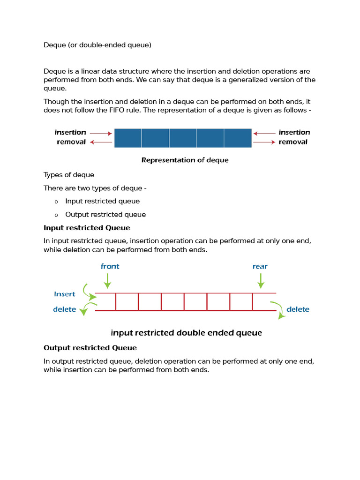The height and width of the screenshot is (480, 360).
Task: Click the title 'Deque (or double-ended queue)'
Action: [97, 45]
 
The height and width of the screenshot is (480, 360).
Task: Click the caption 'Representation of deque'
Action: [185, 160]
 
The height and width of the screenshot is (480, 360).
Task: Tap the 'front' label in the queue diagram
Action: [110, 266]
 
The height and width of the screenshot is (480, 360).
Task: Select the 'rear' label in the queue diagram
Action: [260, 266]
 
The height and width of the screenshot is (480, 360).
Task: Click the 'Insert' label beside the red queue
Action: [65, 294]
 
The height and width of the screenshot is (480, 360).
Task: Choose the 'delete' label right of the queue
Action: [298, 309]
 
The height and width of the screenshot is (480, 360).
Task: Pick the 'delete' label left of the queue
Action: [65, 309]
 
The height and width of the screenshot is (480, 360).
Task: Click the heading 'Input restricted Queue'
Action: [87, 228]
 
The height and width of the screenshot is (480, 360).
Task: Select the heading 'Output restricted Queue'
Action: [90, 348]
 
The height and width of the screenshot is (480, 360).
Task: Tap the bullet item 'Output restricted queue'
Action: [105, 215]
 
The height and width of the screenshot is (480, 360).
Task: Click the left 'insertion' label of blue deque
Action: [70, 133]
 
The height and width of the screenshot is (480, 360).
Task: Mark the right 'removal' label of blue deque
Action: [293, 142]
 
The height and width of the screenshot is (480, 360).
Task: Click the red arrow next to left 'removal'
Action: [101, 142]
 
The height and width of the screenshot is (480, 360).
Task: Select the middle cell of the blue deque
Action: [183, 138]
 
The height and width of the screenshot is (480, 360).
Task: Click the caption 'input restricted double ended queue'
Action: [186, 333]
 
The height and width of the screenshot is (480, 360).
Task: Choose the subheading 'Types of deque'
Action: [69, 175]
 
